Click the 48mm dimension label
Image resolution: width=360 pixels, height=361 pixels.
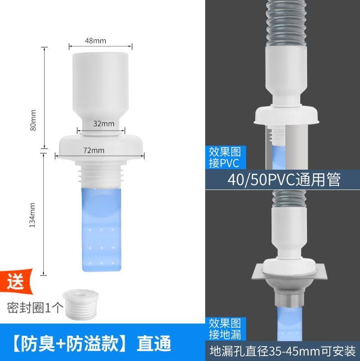pos(95,41)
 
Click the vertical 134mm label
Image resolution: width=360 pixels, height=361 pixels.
pos(32,215)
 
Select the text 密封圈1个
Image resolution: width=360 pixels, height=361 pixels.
pos(33,308)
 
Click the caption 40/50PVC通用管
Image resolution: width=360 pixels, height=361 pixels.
pos(283,180)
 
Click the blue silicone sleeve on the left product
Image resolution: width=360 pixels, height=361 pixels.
pos(101,230)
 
